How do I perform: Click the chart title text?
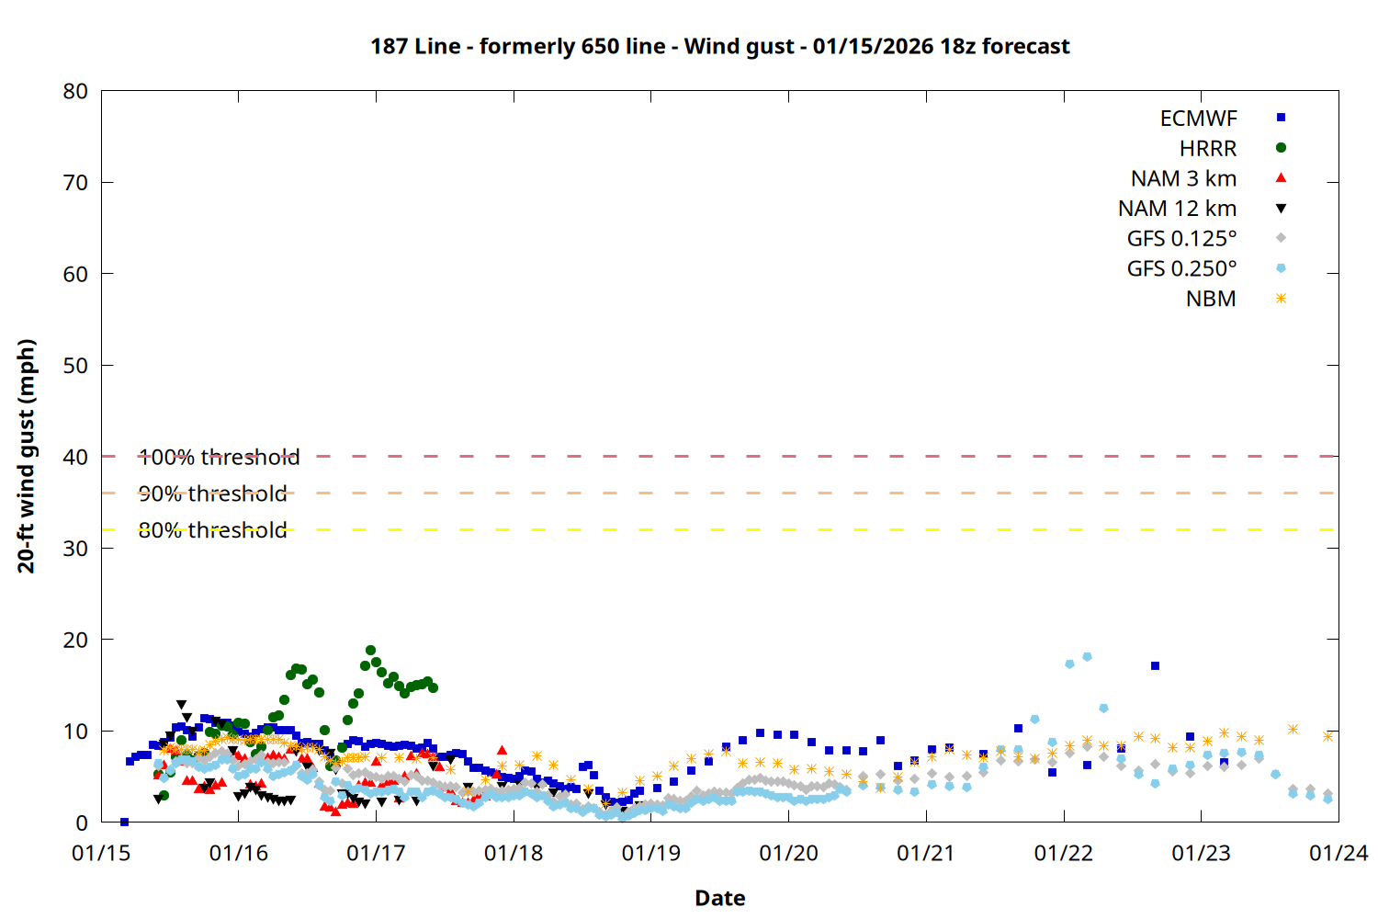719,46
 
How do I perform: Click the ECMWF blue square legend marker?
1281,118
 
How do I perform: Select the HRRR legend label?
1207,148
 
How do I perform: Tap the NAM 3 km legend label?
1183,178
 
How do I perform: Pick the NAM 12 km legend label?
1177,209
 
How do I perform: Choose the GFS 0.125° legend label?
1181,239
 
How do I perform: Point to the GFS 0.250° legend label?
1181,269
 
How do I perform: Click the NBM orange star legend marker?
1281,299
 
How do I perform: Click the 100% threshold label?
219,457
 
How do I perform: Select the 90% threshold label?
212,494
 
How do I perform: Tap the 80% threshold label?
212,530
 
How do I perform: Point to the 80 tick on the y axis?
75,91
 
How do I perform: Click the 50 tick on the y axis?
75,365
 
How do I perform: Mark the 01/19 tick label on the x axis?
650,853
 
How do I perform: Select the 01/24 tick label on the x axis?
1338,853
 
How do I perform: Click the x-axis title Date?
719,898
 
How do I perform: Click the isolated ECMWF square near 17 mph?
1155,665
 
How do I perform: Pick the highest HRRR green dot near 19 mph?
370,650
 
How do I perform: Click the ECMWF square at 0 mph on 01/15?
124,822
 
